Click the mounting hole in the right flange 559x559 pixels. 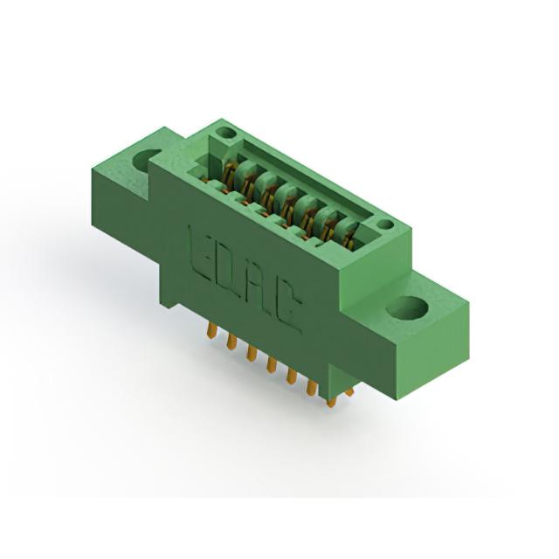click(x=407, y=307)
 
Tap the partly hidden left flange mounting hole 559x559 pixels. click(x=143, y=161)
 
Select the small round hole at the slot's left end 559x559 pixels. click(x=226, y=134)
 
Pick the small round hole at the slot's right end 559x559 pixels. click(x=385, y=225)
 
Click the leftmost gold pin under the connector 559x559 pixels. click(x=211, y=329)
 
